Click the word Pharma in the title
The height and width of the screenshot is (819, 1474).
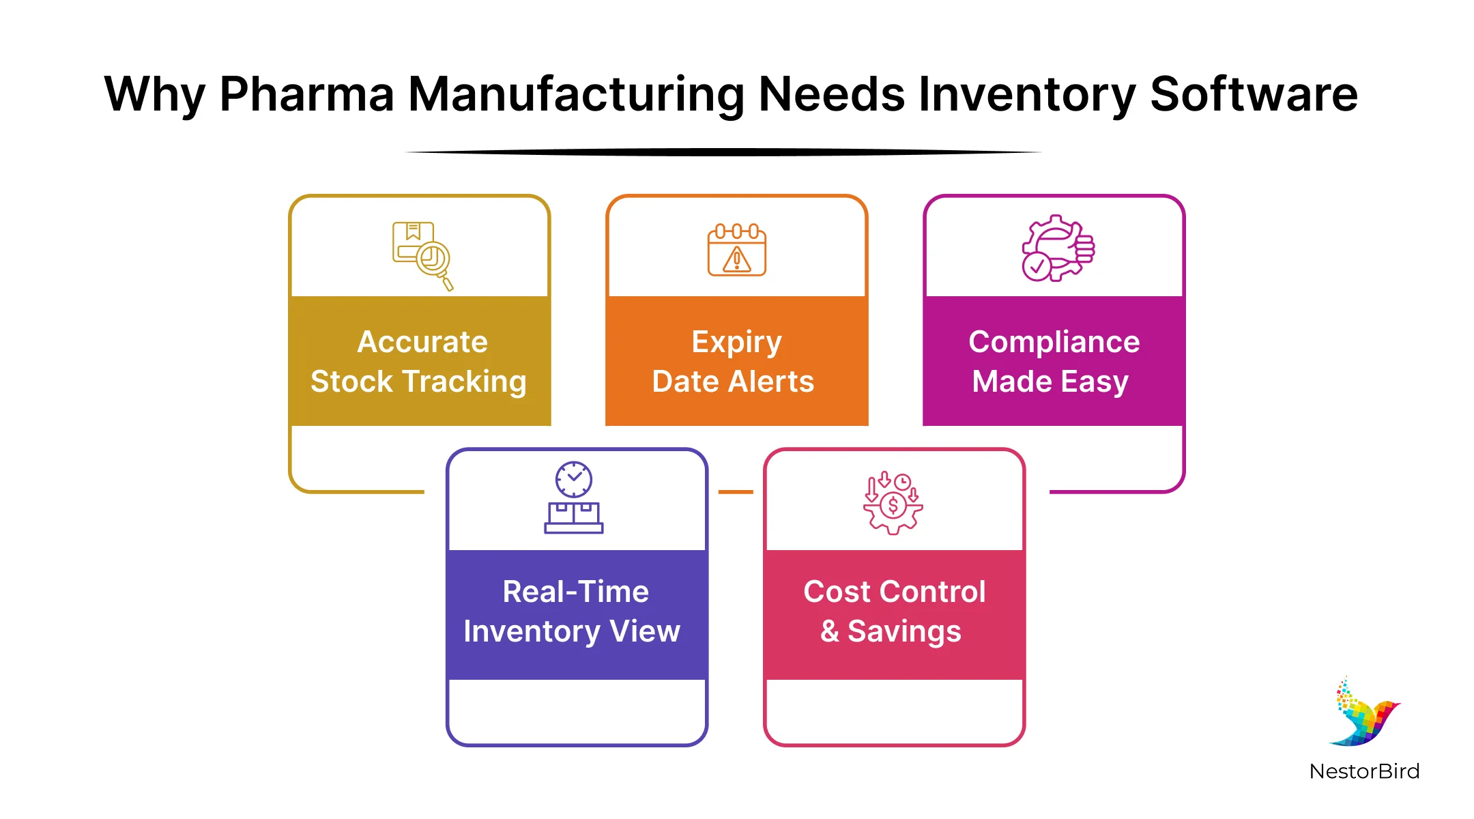pyautogui.click(x=306, y=94)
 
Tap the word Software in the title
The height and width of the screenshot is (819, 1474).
pyautogui.click(x=1254, y=94)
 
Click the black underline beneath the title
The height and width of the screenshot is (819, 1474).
pyautogui.click(x=723, y=152)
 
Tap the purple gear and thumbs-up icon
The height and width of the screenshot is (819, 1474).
pyautogui.click(x=1057, y=248)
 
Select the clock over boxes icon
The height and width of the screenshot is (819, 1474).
pyautogui.click(x=573, y=498)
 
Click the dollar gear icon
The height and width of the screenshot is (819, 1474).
pyautogui.click(x=893, y=504)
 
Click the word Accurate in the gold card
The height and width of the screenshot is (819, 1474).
pyautogui.click(x=422, y=342)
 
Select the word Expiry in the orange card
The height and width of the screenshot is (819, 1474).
pyautogui.click(x=736, y=342)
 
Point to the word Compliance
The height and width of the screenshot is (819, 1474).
pyautogui.click(x=1054, y=342)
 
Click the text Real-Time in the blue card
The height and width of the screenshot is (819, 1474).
pyautogui.click(x=575, y=592)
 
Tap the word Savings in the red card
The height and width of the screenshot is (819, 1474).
pyautogui.click(x=904, y=631)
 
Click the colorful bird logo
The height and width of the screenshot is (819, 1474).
pyautogui.click(x=1364, y=713)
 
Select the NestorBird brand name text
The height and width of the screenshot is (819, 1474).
pyautogui.click(x=1364, y=771)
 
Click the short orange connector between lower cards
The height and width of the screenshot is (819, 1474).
pyautogui.click(x=736, y=491)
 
